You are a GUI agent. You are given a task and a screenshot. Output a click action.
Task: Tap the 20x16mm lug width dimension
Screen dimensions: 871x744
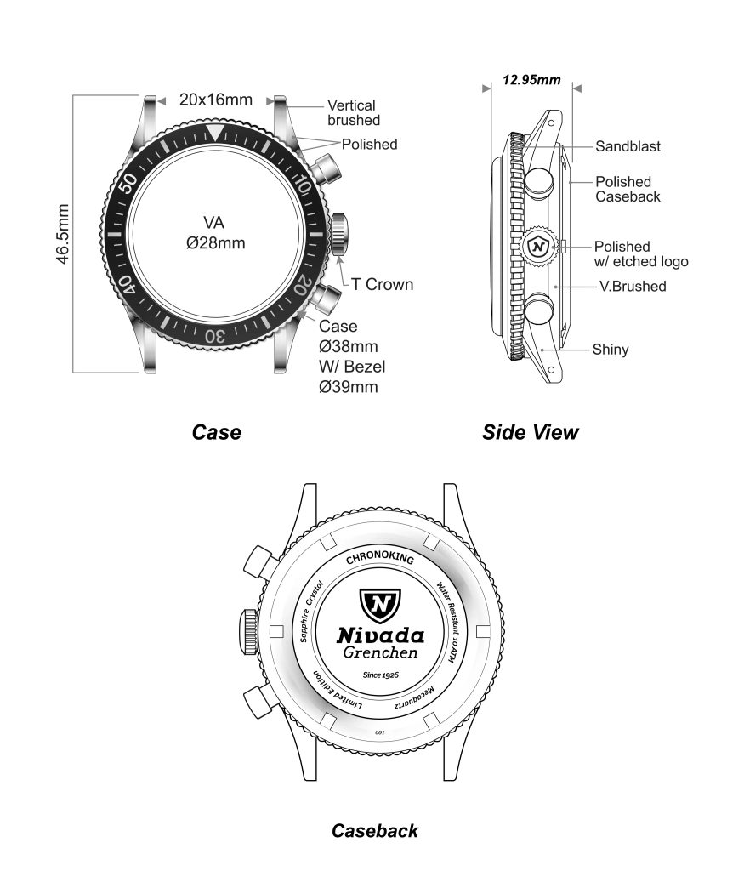click(215, 100)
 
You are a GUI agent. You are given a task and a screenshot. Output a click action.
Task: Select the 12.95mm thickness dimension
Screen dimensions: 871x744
click(531, 80)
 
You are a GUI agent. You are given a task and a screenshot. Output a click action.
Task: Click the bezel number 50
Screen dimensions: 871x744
click(131, 184)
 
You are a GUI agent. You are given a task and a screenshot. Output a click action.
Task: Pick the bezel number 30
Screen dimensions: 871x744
click(215, 335)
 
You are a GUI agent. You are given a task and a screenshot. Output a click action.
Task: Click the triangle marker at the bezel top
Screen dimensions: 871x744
click(216, 132)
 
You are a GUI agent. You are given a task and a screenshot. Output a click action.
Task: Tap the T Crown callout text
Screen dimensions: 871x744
click(377, 284)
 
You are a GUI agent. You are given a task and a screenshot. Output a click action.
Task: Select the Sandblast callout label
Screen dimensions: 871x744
click(628, 146)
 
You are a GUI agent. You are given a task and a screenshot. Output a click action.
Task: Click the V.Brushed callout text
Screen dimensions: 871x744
click(633, 286)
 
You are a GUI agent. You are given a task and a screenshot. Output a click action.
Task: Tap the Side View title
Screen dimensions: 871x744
click(530, 432)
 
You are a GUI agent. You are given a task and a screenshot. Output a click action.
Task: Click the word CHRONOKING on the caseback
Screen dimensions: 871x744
click(380, 560)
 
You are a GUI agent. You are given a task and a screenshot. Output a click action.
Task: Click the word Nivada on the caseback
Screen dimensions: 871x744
click(380, 635)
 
